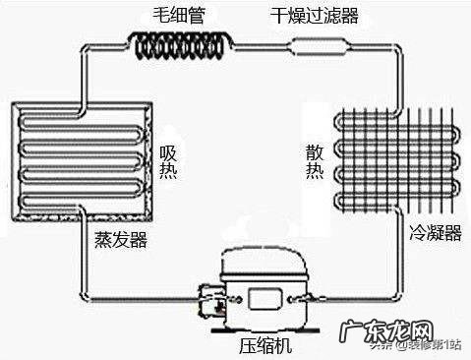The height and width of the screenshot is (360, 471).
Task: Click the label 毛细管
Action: point(178,16)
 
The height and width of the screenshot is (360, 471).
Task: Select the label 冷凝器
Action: point(434,233)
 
